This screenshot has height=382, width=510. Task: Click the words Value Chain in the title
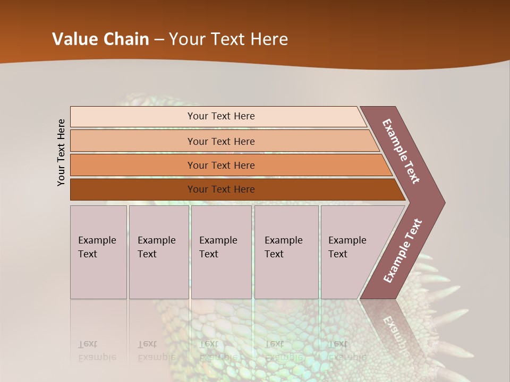click(100, 39)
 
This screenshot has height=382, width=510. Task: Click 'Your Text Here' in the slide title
click(228, 39)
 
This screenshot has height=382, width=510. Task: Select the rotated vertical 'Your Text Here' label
click(61, 152)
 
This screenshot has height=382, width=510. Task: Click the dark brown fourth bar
click(133, 189)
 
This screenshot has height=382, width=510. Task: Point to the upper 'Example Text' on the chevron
click(401, 151)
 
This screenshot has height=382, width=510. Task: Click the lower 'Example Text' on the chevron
click(402, 251)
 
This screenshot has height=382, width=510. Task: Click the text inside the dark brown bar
click(221, 189)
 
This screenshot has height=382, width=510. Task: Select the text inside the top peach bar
click(221, 116)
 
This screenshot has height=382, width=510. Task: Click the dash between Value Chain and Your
click(159, 39)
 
